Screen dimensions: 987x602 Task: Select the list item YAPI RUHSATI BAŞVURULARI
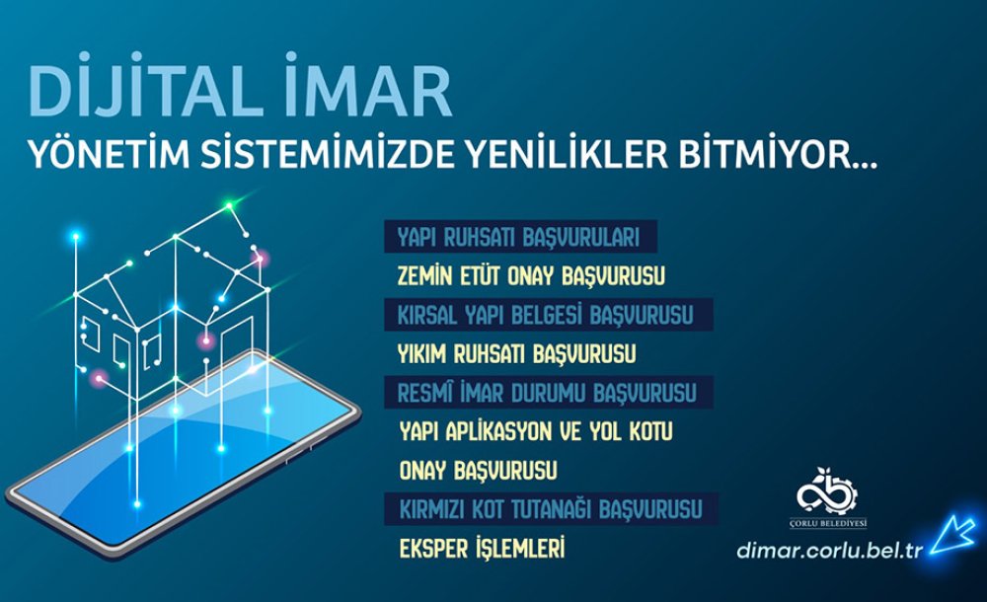(519, 238)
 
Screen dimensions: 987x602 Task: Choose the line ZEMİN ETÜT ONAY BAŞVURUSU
(531, 275)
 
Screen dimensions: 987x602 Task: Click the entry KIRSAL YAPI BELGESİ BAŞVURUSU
(545, 315)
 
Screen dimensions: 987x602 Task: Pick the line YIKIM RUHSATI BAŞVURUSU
(517, 354)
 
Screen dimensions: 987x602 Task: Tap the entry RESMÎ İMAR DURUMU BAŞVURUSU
(547, 393)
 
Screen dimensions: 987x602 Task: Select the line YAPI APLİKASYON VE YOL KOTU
(536, 432)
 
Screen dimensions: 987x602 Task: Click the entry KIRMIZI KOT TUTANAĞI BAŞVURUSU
(551, 509)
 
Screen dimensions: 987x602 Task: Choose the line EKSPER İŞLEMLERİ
(483, 547)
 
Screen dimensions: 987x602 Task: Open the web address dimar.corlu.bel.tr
(830, 550)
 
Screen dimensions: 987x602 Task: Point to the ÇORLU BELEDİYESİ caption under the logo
(828, 523)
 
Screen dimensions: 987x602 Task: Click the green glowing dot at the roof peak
(230, 205)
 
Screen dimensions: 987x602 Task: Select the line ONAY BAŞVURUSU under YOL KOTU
(479, 471)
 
